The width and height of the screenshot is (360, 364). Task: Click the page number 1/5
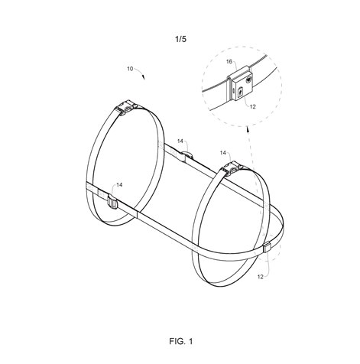[x=180, y=39]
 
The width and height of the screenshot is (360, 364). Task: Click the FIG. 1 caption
[x=180, y=341]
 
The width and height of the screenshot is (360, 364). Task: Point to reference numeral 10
[x=130, y=69]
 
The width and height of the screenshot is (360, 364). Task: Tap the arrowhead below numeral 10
[x=143, y=77]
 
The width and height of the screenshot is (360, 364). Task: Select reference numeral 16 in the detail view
[x=229, y=62]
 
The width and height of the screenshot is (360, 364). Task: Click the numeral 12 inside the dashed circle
[x=252, y=107]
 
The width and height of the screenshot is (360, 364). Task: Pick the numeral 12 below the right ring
[x=260, y=277]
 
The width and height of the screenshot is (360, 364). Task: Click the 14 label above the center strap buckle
[x=180, y=141]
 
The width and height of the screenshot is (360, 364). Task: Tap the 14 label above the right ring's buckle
[x=223, y=153]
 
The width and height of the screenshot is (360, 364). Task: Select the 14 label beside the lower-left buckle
[x=119, y=185]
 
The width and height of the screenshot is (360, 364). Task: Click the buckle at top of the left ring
[x=126, y=108]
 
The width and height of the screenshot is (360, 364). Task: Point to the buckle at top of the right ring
[x=232, y=167]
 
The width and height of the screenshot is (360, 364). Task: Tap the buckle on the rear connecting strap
[x=186, y=155]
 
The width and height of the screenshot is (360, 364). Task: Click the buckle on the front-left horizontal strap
[x=113, y=202]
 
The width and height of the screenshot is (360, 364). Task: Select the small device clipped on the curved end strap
[x=267, y=248]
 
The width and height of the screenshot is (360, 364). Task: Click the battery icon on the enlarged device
[x=240, y=92]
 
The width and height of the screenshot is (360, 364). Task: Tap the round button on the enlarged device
[x=248, y=80]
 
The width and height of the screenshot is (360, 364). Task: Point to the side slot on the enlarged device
[x=233, y=90]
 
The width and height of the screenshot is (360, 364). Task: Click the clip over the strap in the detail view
[x=238, y=74]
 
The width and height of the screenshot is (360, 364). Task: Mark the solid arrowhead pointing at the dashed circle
[x=247, y=130]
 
